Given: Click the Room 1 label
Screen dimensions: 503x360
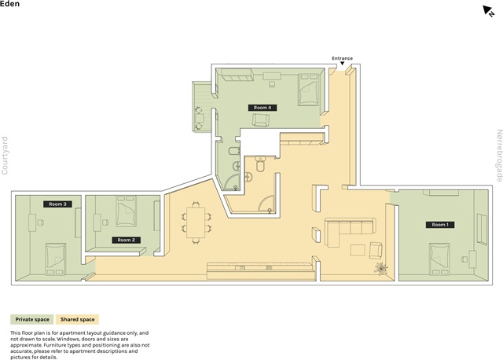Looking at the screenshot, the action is [440, 225].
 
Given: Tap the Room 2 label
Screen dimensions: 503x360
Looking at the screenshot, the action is [126, 240].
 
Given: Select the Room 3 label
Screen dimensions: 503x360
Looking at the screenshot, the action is [57, 204].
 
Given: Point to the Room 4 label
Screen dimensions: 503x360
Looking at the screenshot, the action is [263, 108].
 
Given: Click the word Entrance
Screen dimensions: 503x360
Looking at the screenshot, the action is [343, 58].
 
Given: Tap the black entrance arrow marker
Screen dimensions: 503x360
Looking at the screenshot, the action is [343, 64].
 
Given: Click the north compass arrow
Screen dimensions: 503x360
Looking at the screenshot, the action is [488, 10].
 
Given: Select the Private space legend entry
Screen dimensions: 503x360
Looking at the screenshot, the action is [32, 320].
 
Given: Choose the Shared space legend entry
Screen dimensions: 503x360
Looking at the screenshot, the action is [77, 320].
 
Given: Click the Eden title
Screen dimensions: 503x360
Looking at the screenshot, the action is [9, 4].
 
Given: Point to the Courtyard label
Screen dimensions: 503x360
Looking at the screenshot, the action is [5, 156].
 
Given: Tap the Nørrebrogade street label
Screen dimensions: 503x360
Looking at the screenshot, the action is [499, 156].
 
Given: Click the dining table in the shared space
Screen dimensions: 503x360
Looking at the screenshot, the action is [196, 222].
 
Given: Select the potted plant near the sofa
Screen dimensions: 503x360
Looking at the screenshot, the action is [380, 268].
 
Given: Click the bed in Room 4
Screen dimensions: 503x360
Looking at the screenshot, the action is [308, 89].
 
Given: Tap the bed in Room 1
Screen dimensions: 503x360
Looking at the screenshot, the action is [439, 259].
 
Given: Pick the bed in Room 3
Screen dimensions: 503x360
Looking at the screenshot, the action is [56, 259].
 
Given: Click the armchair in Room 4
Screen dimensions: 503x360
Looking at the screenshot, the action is [260, 120].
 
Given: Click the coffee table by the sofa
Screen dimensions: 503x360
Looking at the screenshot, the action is [358, 250].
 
